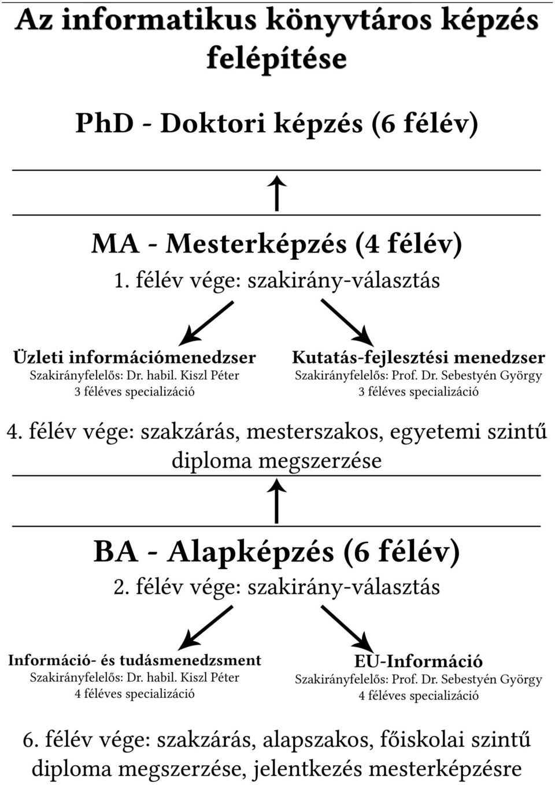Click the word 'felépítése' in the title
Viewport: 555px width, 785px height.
[277, 58]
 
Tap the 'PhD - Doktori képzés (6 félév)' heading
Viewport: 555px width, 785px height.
[277, 124]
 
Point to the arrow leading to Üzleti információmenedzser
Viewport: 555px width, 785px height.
[206, 323]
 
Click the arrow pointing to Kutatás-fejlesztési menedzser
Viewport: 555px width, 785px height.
[347, 322]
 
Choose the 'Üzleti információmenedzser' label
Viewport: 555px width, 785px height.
[134, 358]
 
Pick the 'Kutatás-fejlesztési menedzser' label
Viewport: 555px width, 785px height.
[419, 358]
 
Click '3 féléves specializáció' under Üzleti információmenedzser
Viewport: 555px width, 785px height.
[134, 391]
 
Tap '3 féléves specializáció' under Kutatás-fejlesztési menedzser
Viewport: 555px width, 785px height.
[419, 391]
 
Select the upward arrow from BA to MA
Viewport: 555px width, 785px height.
[277, 501]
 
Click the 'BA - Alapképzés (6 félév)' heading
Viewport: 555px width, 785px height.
[277, 552]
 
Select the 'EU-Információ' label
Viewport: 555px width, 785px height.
[419, 661]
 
